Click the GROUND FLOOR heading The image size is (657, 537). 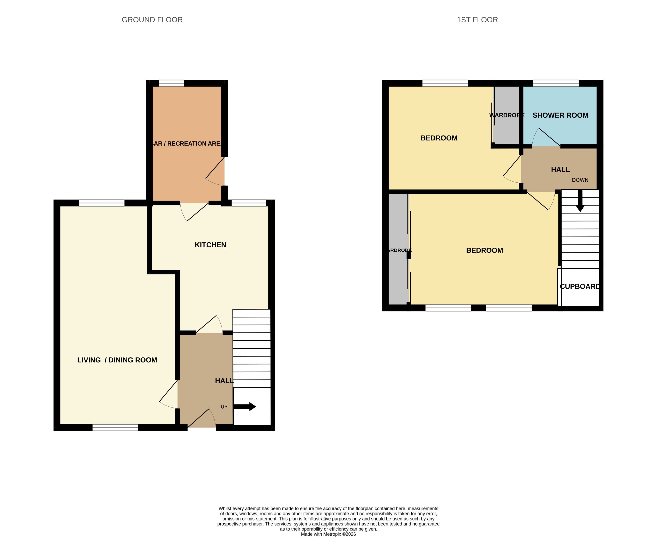[x=152, y=20]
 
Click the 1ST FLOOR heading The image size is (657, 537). [x=477, y=20]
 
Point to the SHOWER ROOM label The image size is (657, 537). [x=560, y=115]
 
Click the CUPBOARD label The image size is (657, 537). [x=580, y=286]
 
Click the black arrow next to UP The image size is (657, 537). [x=245, y=406]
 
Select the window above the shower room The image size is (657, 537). [x=556, y=83]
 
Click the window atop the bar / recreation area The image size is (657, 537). [x=171, y=83]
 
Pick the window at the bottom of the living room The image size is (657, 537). [x=115, y=427]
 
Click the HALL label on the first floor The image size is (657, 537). [x=560, y=169]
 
